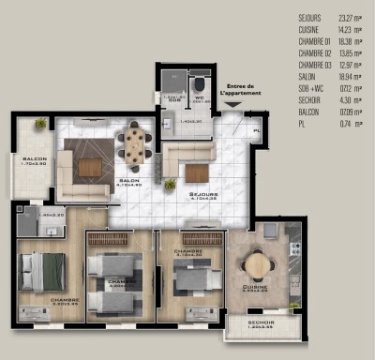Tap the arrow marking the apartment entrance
[231, 105]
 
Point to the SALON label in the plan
[128, 181]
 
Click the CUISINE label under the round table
[256, 289]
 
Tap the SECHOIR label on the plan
[261, 325]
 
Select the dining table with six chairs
[136, 145]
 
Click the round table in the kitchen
[256, 263]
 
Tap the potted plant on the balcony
[40, 124]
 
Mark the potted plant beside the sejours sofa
[170, 185]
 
